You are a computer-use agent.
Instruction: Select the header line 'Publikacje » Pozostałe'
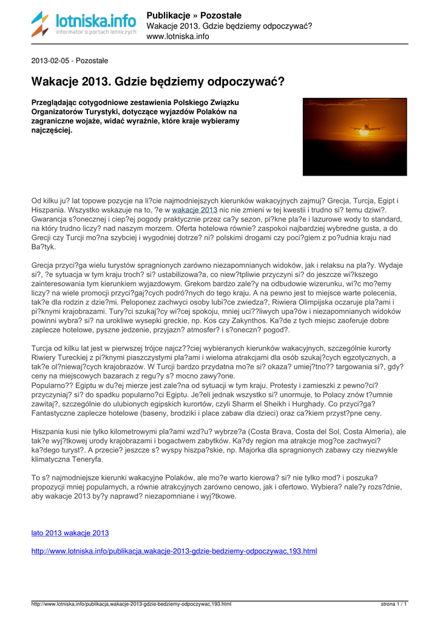click(x=194, y=15)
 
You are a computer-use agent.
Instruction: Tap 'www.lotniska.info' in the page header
click(x=178, y=36)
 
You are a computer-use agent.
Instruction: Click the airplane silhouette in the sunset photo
click(x=364, y=129)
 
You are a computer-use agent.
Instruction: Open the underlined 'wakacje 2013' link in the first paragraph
click(x=194, y=210)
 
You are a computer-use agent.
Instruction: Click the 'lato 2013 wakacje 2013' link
click(x=70, y=533)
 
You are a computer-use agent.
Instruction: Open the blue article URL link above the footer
click(x=174, y=551)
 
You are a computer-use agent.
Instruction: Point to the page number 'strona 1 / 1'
click(x=394, y=604)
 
